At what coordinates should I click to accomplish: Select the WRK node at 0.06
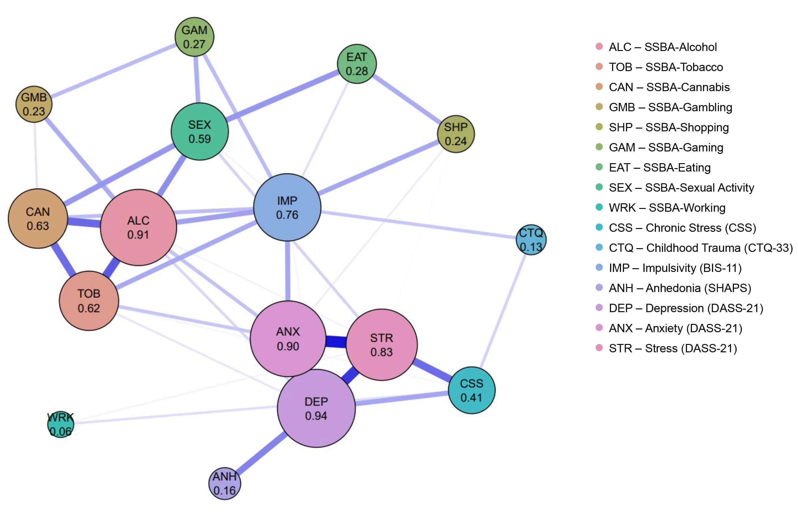[61, 424]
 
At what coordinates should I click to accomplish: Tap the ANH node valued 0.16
[225, 483]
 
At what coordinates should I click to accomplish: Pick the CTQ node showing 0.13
[531, 240]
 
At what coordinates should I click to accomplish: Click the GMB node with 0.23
[34, 104]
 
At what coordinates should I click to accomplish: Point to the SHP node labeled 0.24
[456, 134]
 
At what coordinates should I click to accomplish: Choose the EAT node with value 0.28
[357, 64]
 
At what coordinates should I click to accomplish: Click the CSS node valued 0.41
[471, 390]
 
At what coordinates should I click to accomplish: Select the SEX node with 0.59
[199, 132]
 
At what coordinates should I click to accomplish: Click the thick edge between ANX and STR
[336, 341]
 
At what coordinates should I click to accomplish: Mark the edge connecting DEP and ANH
[260, 454]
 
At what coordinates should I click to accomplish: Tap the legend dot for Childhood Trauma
[599, 247]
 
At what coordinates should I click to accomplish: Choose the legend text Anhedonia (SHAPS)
[679, 288]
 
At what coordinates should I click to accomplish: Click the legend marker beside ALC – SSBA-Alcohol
[599, 46]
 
